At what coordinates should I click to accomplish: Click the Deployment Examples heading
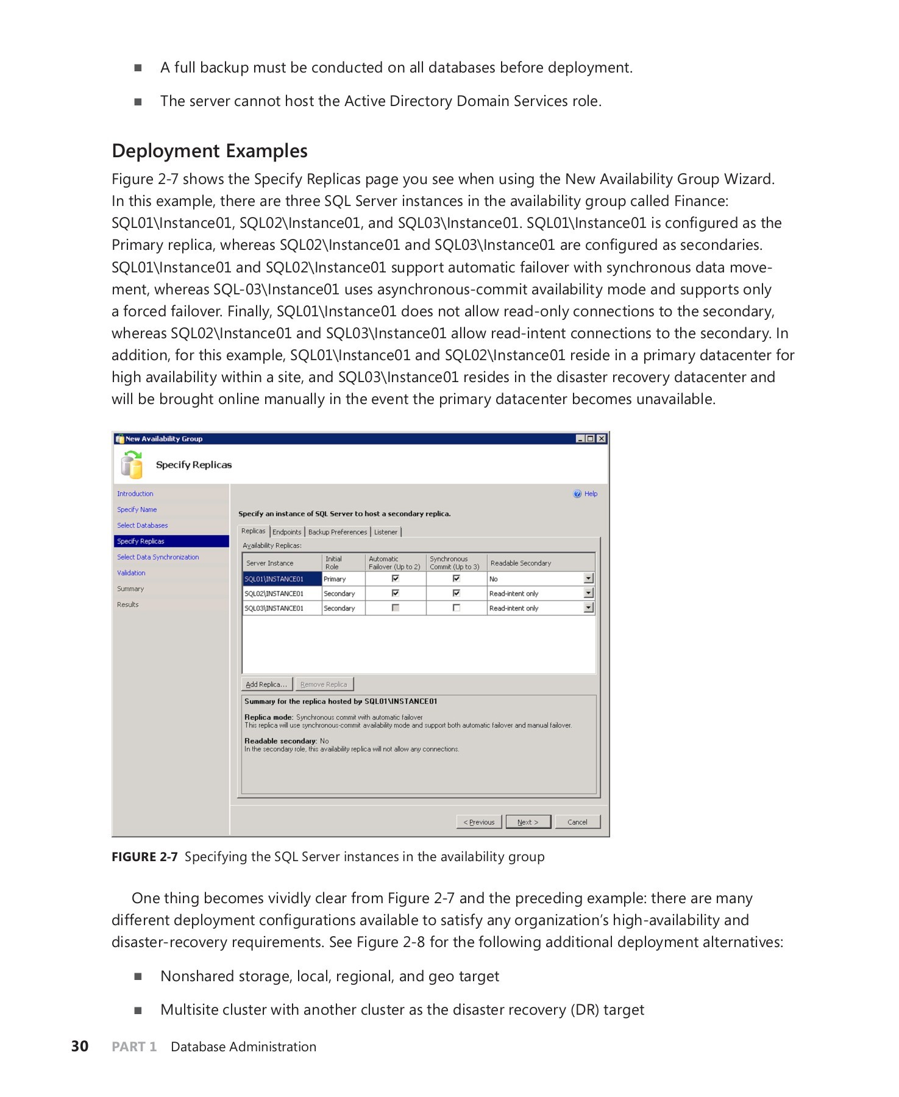pos(210,151)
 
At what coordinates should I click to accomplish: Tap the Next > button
pos(528,822)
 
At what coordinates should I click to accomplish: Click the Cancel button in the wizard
pos(577,822)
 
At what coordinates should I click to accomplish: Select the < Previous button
pos(479,822)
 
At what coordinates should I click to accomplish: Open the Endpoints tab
pos(287,532)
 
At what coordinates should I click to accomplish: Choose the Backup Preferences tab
pos(338,532)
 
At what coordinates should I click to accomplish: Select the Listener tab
pos(386,532)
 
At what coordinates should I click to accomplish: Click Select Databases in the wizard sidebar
pos(143,525)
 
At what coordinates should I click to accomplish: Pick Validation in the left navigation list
pos(131,573)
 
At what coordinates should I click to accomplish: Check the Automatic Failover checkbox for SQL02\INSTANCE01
pos(396,593)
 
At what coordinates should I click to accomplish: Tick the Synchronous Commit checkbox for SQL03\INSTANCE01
pos(457,608)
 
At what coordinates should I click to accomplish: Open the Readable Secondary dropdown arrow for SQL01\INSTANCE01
pos(588,578)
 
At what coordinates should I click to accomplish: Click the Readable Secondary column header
pos(521,563)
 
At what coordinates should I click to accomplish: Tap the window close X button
pos(602,439)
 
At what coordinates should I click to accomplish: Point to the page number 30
pos(80,1046)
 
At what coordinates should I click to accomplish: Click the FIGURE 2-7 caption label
pos(144,857)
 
